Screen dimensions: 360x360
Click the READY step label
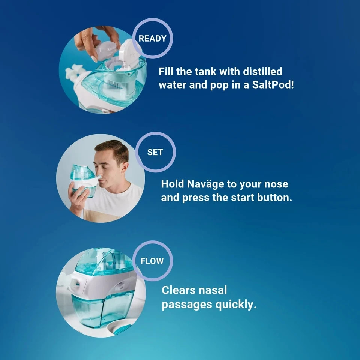point(153,39)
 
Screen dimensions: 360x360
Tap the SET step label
point(155,152)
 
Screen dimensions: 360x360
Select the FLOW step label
point(152,261)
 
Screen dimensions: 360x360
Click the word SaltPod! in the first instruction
point(273,85)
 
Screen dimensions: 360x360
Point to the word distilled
point(262,71)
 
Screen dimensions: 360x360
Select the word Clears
point(178,290)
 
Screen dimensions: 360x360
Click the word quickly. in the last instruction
point(236,305)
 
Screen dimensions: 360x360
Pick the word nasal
point(213,290)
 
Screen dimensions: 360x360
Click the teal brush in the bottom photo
point(123,330)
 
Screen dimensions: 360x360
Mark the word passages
point(187,305)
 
